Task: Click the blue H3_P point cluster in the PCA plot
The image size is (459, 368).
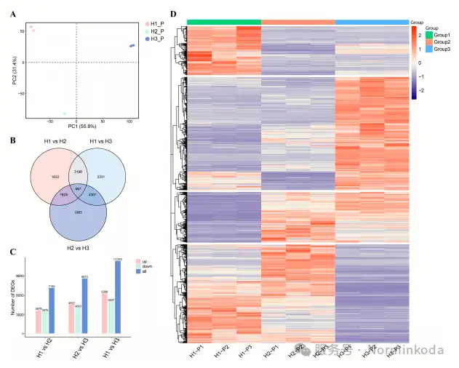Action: point(132,46)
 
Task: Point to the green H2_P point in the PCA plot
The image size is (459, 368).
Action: point(65,113)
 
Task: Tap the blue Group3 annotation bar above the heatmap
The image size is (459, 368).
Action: point(372,22)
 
